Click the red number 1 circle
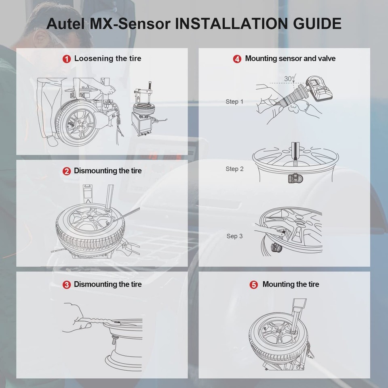tap(67, 59)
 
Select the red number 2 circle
tap(67, 171)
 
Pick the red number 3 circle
tap(67, 285)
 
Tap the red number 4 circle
tap(237, 59)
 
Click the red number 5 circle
tap(254, 285)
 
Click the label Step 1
tap(234, 102)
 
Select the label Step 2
tap(234, 169)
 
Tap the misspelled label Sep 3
tap(234, 236)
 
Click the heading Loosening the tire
tap(108, 59)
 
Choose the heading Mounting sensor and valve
tap(290, 59)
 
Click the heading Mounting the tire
tap(291, 285)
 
